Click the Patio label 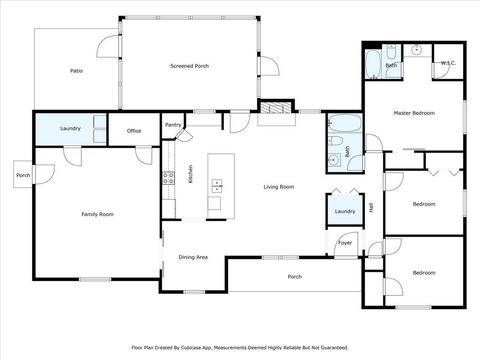76,71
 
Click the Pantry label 173,125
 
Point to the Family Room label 97,214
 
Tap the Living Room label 278,187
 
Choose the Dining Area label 193,257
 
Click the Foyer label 345,242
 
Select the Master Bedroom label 414,113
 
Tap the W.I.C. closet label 448,64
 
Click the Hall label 371,208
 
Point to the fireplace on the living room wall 277,107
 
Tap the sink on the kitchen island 216,184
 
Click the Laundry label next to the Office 70,128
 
